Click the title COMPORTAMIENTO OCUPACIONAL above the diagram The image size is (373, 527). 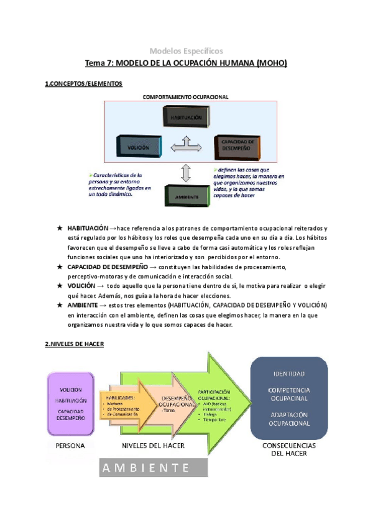[186, 97]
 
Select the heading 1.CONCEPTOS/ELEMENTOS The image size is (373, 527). [84, 83]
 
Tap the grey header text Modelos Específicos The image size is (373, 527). [186, 51]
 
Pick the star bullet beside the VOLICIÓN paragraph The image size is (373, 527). [59, 285]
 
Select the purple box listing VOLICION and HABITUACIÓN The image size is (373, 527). [70, 401]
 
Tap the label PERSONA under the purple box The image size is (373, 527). [70, 446]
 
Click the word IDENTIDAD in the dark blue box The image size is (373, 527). [288, 374]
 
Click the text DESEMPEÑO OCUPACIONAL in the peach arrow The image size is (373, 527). [177, 401]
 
